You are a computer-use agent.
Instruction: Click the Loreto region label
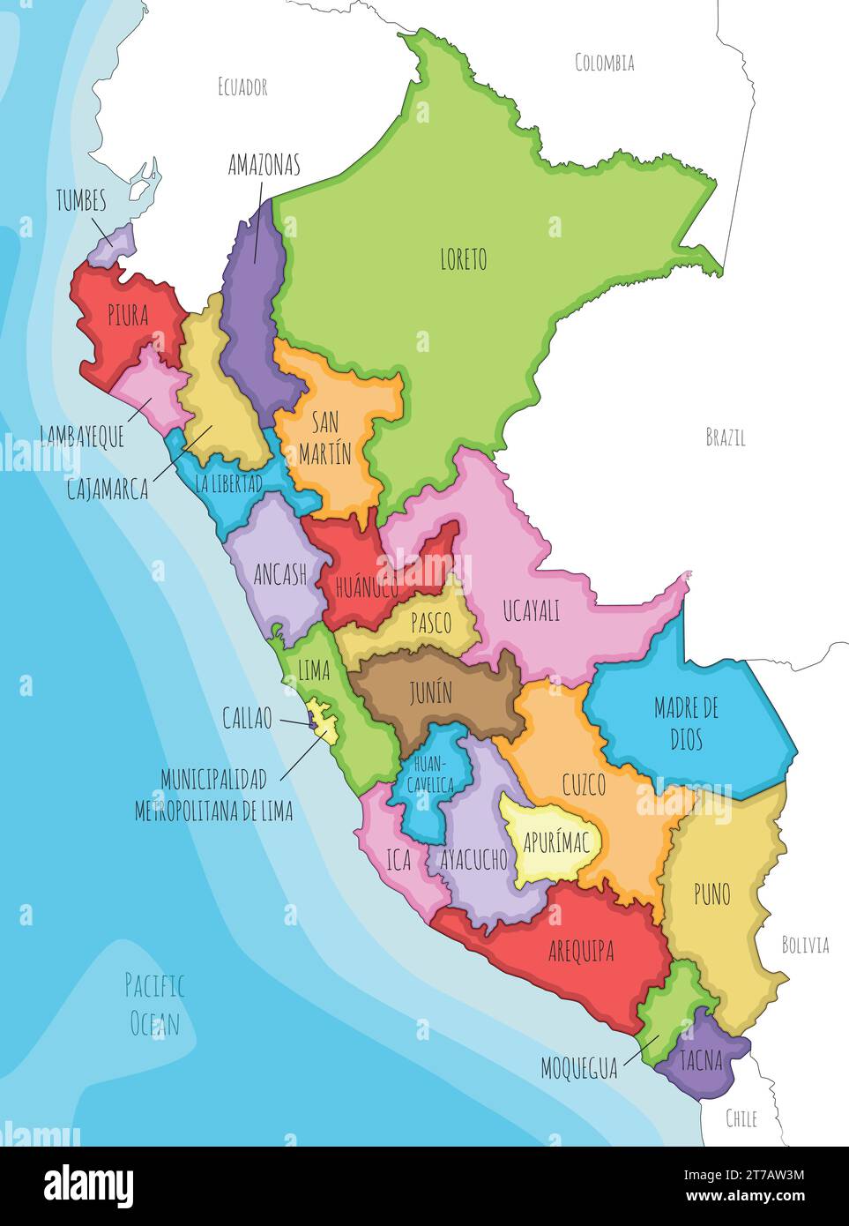(463, 259)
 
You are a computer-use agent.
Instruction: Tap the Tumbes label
(81, 200)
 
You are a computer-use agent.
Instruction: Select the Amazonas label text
(264, 165)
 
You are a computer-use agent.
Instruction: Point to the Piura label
(128, 316)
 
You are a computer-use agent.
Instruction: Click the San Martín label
(324, 437)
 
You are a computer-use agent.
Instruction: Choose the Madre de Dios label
(686, 722)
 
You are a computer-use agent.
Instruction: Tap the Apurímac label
(555, 841)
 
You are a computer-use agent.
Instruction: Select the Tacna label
(702, 1060)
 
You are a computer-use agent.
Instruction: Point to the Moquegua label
(579, 1069)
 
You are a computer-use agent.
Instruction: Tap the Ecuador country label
(242, 86)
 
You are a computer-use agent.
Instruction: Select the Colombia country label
(604, 63)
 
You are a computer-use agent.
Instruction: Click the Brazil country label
(725, 437)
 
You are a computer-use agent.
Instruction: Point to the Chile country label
(741, 1118)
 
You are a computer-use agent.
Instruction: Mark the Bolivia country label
(805, 945)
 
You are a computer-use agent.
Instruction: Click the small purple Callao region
(312, 724)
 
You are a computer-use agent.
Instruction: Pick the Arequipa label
(581, 951)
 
